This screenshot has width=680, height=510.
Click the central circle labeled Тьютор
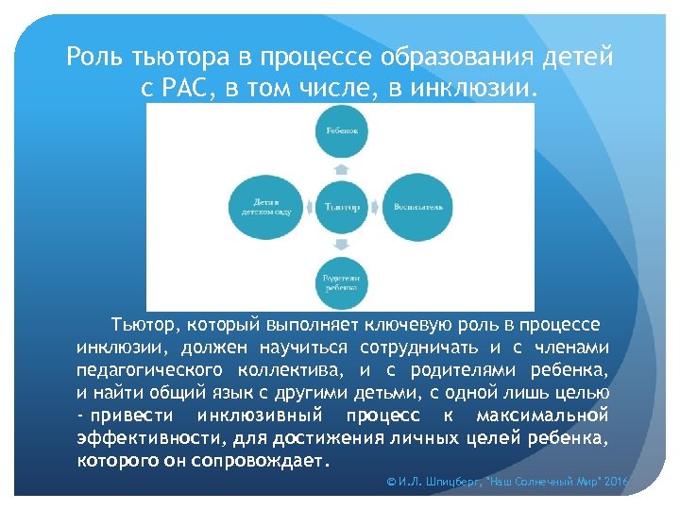(341, 206)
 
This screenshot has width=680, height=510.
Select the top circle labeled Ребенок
(341, 130)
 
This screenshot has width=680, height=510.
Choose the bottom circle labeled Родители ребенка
(341, 281)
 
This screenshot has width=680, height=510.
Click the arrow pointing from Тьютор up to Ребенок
(341, 169)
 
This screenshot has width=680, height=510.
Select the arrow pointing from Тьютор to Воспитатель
(376, 206)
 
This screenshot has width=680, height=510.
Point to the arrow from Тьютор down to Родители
(341, 243)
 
